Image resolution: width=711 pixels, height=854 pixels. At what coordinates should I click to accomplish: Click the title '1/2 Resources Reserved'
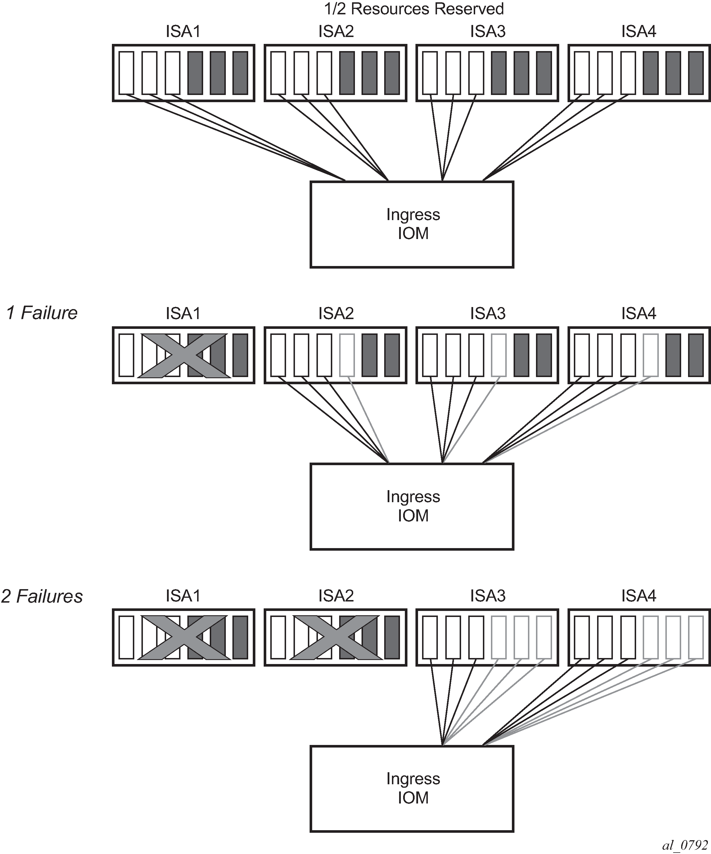414,9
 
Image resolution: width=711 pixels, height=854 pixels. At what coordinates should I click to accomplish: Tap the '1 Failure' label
42,313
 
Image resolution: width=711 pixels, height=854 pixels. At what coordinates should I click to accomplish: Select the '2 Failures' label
42,596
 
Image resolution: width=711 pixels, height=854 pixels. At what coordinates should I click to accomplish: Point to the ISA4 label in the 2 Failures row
639,596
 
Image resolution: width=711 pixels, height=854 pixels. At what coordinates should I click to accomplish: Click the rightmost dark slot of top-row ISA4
696,73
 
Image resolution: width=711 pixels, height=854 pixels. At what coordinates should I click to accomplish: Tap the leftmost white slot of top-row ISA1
127,73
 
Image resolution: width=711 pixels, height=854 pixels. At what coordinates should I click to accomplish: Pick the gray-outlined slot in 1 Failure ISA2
347,355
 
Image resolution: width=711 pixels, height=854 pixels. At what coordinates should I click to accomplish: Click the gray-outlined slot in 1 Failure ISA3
499,355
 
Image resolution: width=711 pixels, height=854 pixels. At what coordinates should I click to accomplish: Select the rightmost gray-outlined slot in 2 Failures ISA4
696,637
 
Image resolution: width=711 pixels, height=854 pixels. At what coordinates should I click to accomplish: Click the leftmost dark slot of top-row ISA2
347,73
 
